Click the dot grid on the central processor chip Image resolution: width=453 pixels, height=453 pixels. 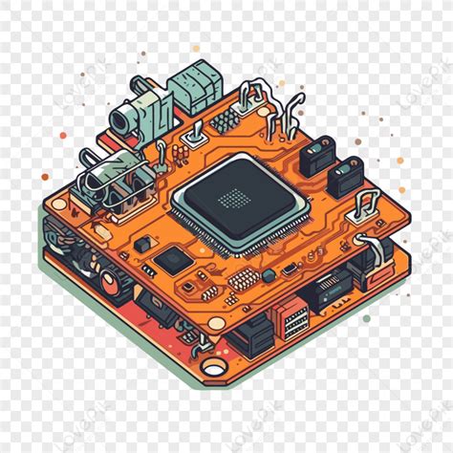(x=233, y=198)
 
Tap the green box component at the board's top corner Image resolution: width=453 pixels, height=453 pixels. (x=198, y=86)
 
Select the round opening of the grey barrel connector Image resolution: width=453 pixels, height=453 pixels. (x=122, y=119)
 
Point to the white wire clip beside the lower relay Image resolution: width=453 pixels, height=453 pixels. (x=367, y=203)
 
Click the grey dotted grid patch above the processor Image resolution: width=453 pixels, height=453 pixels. (x=225, y=121)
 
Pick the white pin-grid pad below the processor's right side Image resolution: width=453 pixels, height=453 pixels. (x=241, y=279)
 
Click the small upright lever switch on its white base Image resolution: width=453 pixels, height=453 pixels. (x=192, y=134)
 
